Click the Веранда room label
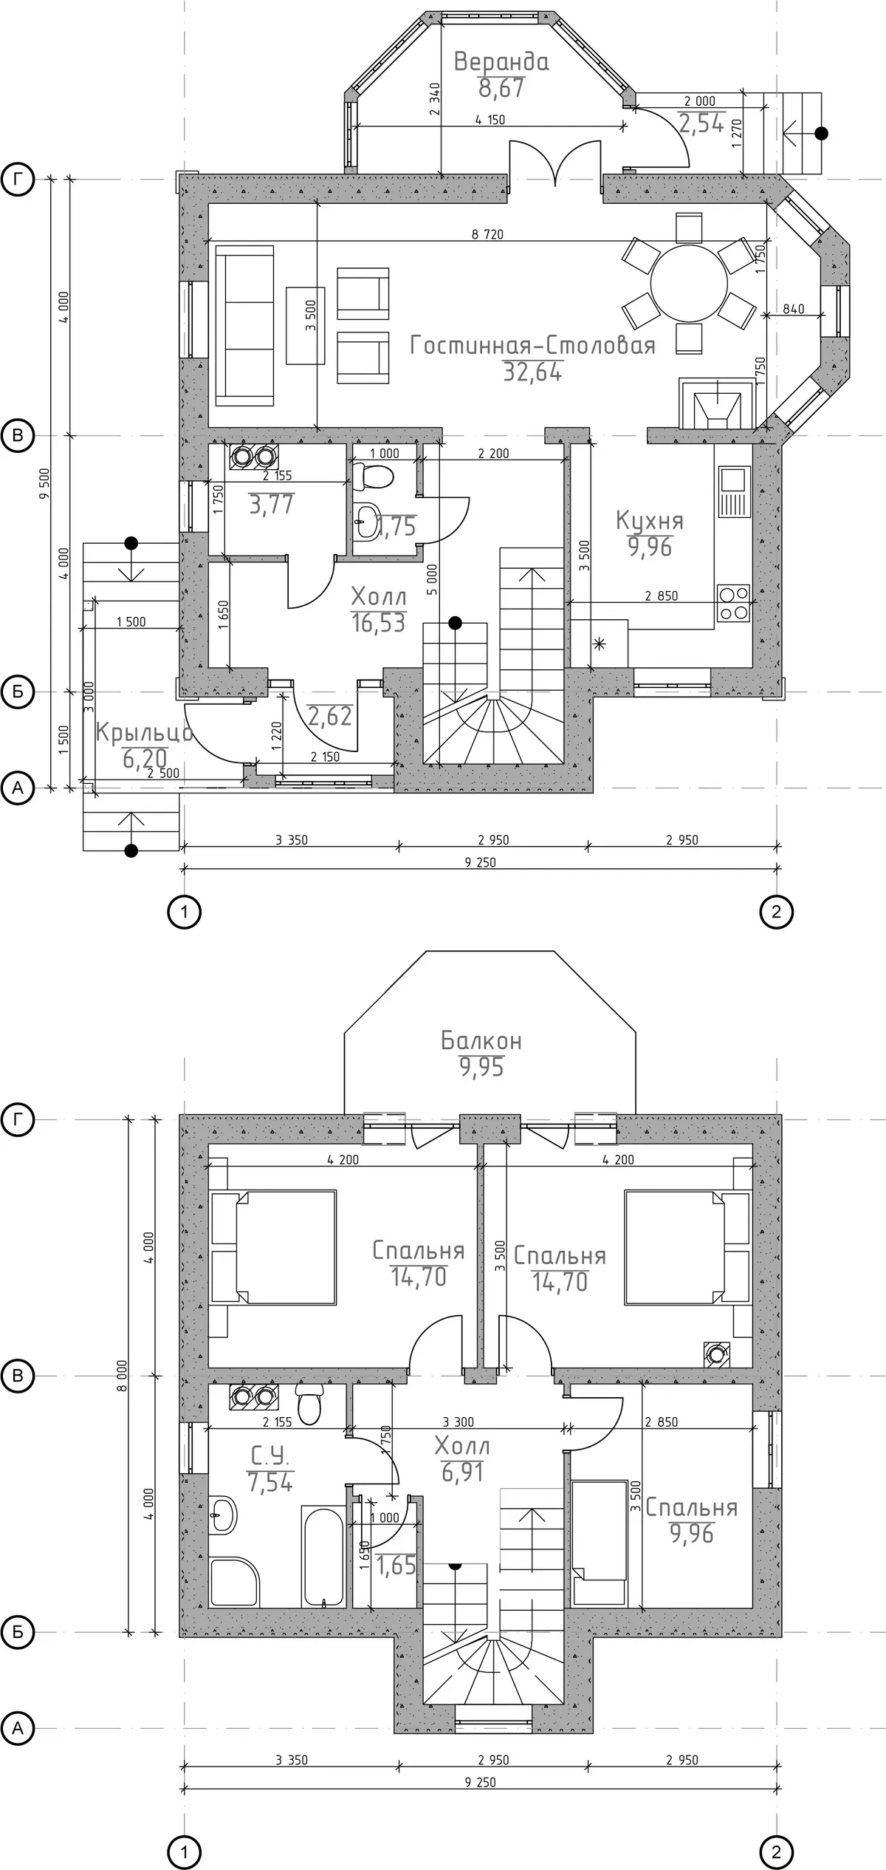pos(501,61)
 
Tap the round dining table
pos(689,284)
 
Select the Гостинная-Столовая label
pos(532,345)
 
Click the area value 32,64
pos(532,372)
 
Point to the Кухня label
pos(650,522)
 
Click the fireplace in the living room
pos(717,404)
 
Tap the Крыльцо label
pos(145,732)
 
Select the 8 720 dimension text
pos(487,234)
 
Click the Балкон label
pos(481,1040)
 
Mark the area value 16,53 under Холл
pos(378,623)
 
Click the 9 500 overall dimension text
pos(45,484)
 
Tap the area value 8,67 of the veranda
pos(501,88)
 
